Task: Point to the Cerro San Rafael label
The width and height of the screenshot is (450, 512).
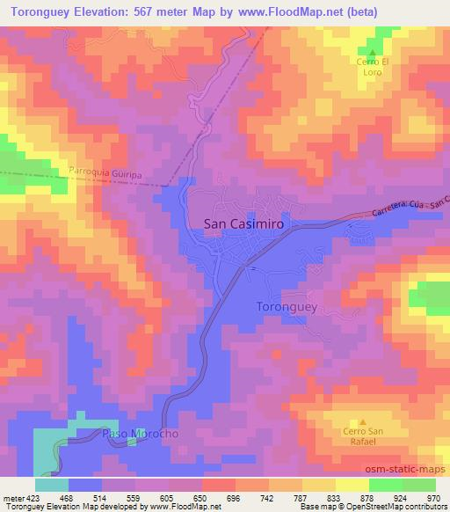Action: [x=361, y=436]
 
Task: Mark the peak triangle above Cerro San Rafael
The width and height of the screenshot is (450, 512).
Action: [x=361, y=421]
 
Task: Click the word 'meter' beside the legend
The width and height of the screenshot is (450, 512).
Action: [x=12, y=498]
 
